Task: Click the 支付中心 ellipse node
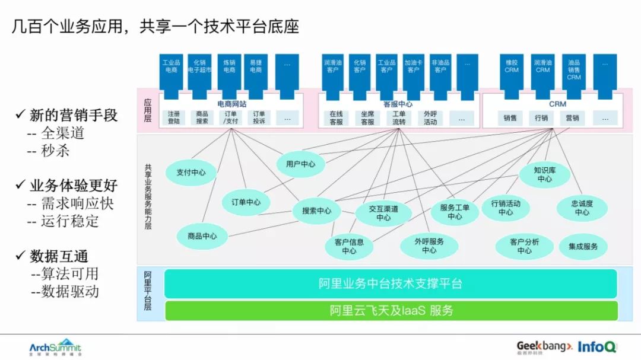(x=191, y=173)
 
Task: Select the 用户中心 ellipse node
(x=300, y=164)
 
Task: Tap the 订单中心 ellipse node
(x=245, y=202)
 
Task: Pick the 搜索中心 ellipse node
(x=316, y=211)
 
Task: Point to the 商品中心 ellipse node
(x=202, y=236)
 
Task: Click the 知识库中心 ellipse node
(x=544, y=174)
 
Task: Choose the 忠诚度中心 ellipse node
(x=582, y=208)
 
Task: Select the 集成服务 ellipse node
(x=583, y=246)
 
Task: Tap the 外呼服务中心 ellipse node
(x=429, y=246)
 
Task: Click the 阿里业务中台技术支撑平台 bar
(x=390, y=283)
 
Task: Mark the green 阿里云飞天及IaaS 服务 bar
(x=390, y=310)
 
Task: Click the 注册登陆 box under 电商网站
(x=173, y=117)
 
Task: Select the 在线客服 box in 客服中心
(x=337, y=117)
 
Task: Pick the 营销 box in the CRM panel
(x=572, y=117)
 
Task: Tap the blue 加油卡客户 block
(x=413, y=74)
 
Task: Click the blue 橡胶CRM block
(x=511, y=74)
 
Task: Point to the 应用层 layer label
(x=147, y=110)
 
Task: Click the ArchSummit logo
(x=55, y=347)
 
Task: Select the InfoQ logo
(x=597, y=346)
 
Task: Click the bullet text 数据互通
(x=59, y=256)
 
